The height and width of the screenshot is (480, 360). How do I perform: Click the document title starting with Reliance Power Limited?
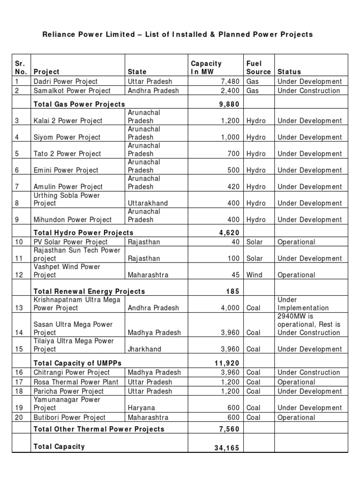point(178,34)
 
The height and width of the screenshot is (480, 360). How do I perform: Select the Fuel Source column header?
point(258,67)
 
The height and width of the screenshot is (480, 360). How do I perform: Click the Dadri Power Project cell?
point(65,82)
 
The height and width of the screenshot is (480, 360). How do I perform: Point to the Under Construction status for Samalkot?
point(309,90)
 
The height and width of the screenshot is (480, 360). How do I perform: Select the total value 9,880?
point(229,104)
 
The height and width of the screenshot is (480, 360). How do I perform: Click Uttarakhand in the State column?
point(148,203)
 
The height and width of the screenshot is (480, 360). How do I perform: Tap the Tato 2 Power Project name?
point(67,154)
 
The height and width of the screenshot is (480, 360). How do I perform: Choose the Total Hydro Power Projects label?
point(83,232)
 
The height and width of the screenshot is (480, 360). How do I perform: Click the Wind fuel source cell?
point(254,275)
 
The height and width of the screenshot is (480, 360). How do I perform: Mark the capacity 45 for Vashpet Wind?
point(235,275)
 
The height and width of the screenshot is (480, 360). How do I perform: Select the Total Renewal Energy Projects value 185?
point(233,291)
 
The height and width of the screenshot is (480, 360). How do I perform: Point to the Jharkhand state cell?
point(145,349)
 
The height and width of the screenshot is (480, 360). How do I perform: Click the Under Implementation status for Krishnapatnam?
point(303,304)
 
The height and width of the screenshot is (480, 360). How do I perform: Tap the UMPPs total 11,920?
point(227,363)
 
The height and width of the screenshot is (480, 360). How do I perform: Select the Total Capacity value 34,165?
point(227,448)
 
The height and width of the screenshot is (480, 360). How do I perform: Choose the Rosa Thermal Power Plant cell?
point(76,382)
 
